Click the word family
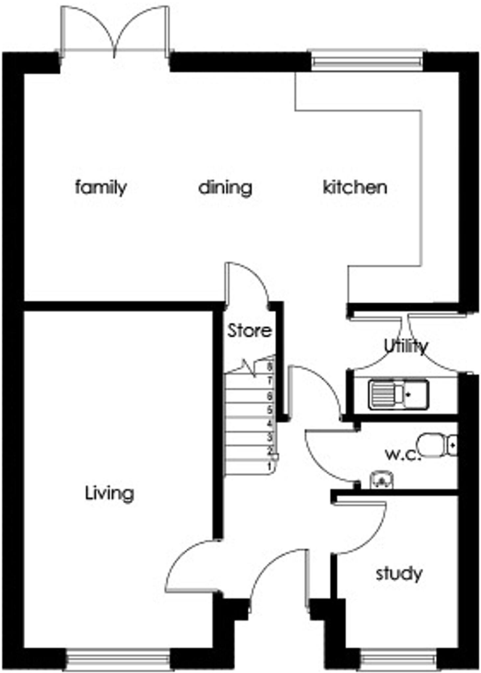tap(101, 188)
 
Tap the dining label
tap(225, 188)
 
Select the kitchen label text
tap(355, 187)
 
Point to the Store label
tap(250, 331)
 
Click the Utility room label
tap(406, 346)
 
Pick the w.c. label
tap(402, 454)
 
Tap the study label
tap(399, 574)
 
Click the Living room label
tap(109, 493)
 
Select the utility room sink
tap(398, 395)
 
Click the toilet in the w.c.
tap(436, 445)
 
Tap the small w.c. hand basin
tap(381, 480)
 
